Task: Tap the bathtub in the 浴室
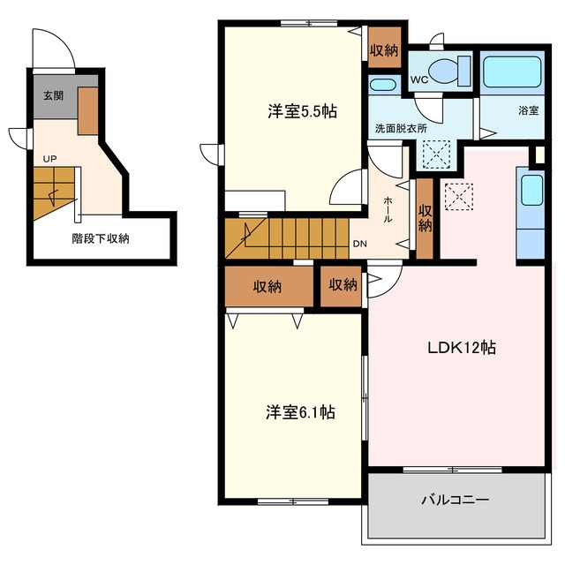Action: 512,72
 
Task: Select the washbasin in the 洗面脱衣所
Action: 382,85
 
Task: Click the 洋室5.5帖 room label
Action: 302,111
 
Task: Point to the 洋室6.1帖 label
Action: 300,412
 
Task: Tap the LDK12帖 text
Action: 462,348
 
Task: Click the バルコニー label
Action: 456,500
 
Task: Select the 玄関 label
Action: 53,95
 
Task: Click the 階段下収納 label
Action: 101,238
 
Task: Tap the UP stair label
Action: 49,159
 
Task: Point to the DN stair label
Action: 359,244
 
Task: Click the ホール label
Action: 388,209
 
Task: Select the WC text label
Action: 419,79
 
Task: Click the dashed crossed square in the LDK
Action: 459,196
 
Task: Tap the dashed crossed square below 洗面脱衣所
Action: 436,154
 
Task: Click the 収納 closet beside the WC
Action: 385,47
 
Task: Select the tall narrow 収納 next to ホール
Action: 425,218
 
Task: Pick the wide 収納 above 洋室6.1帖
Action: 268,286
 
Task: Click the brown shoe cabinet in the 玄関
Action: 88,111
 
